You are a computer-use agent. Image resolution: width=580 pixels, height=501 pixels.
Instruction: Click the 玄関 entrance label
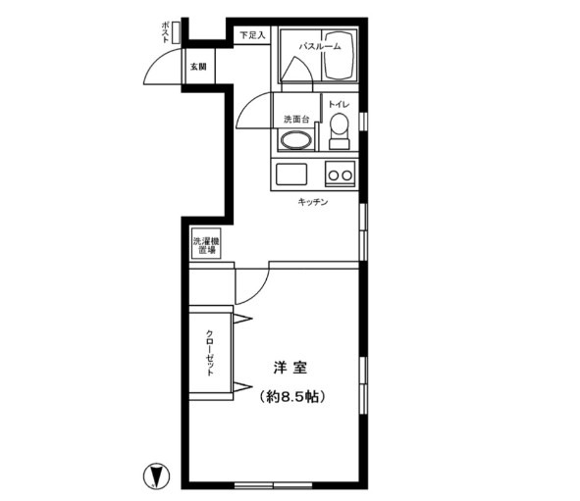[198, 67]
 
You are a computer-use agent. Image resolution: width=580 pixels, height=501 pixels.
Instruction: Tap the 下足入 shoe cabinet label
[252, 35]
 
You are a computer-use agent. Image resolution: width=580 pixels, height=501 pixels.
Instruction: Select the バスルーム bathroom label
[320, 46]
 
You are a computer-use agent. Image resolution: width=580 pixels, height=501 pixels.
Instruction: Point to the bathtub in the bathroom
[339, 55]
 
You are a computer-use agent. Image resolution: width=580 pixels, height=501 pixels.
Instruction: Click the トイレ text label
[339, 105]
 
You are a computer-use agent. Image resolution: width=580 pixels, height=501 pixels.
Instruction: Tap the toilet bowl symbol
[340, 130]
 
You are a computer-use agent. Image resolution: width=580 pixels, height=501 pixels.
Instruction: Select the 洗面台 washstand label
[296, 120]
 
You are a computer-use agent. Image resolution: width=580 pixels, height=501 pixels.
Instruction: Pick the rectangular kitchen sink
[291, 174]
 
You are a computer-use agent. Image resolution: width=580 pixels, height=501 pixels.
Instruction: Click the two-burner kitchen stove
[341, 174]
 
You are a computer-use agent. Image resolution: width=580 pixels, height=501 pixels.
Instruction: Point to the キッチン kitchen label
[313, 202]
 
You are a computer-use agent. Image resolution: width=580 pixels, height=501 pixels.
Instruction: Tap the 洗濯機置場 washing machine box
[206, 243]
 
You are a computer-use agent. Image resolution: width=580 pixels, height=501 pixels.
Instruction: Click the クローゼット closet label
[210, 353]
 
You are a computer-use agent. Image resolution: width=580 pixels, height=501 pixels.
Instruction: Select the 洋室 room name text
[290, 368]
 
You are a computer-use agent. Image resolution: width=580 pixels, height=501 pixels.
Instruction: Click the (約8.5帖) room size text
[292, 397]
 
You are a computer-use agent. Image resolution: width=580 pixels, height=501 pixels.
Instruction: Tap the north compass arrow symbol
[156, 476]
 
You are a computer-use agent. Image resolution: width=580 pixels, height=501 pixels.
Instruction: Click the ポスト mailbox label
[166, 32]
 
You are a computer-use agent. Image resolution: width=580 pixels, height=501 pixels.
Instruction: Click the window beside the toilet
[364, 121]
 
